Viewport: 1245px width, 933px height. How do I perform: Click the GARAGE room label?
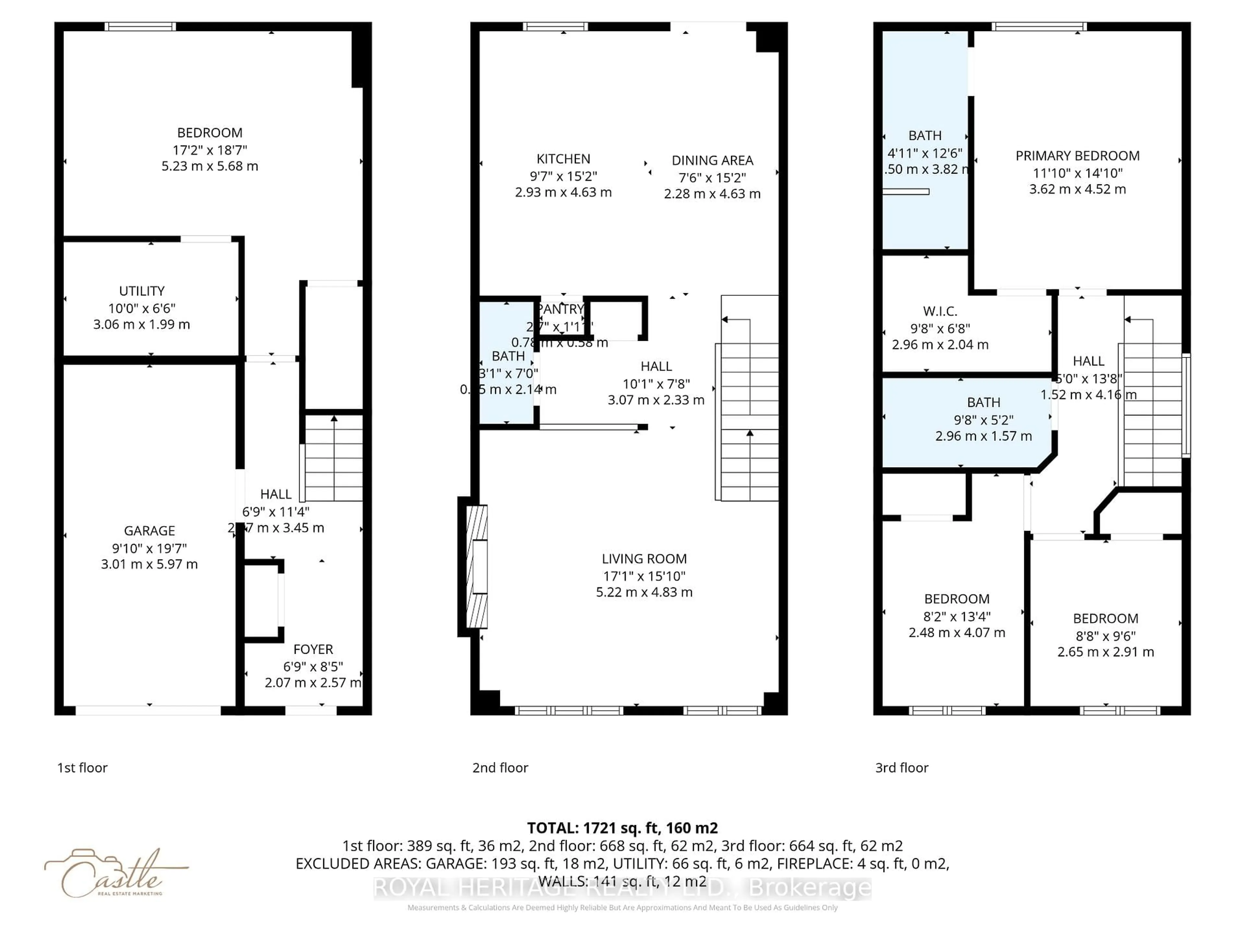(x=149, y=531)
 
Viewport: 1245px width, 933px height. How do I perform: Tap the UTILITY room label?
(x=142, y=291)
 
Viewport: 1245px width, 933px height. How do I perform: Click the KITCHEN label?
(x=563, y=159)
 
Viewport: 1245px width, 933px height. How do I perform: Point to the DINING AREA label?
(x=712, y=161)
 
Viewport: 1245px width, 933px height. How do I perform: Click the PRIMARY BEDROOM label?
(x=1077, y=156)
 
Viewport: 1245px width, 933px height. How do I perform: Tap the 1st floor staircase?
(x=333, y=458)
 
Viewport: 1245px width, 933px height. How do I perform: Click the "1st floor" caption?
(x=82, y=768)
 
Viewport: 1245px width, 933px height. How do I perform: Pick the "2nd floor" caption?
(x=500, y=768)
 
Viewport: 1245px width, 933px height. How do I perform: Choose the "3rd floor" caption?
(x=901, y=768)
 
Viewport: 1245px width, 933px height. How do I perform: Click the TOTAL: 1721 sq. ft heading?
(x=622, y=828)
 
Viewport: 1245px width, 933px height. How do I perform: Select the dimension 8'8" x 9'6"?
(x=1105, y=636)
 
